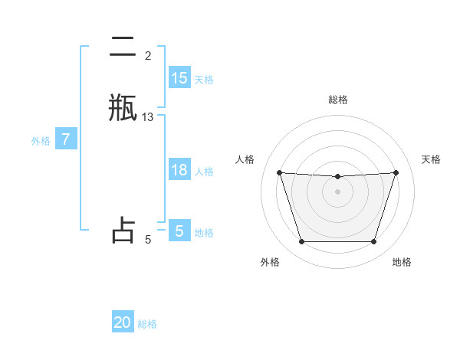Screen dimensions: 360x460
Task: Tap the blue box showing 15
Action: (179, 78)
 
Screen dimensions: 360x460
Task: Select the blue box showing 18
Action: (179, 170)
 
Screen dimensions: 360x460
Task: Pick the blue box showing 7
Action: (67, 140)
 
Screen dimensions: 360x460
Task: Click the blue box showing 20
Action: (123, 322)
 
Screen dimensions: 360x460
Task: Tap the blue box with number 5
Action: (179, 231)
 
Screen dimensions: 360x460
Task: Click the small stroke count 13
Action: (148, 117)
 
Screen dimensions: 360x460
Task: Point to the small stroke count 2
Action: (148, 56)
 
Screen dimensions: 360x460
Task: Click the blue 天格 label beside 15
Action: (204, 79)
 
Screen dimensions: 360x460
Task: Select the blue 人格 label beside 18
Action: (204, 171)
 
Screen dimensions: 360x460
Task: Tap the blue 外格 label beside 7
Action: (41, 141)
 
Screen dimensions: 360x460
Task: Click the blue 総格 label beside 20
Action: (147, 323)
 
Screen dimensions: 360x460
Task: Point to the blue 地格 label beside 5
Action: (204, 232)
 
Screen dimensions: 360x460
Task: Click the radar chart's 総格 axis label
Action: (338, 100)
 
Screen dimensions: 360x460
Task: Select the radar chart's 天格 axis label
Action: (432, 159)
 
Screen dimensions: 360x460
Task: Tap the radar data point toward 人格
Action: (279, 173)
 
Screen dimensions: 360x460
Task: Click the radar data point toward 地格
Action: (373, 242)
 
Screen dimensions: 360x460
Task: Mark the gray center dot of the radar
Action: (337, 191)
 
